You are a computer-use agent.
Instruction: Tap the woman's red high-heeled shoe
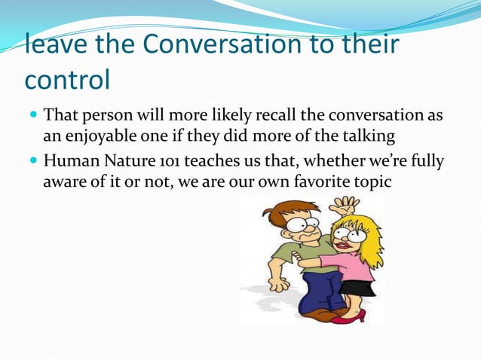(348, 315)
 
